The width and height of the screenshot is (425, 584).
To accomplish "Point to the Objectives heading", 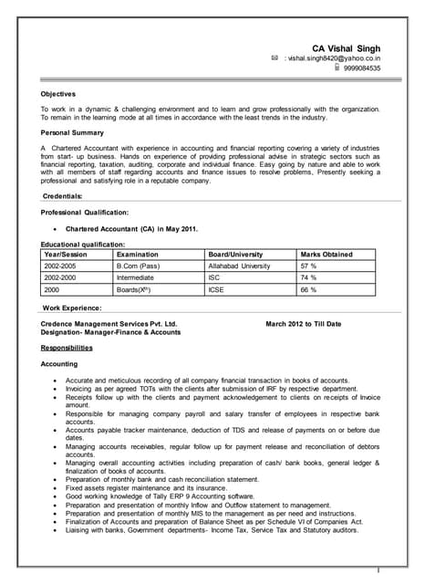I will (58, 93).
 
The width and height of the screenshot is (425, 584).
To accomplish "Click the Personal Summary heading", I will (72, 132).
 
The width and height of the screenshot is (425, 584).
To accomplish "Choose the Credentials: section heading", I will (63, 196).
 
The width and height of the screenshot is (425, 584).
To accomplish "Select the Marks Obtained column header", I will (327, 255).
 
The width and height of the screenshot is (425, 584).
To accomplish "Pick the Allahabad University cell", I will (240, 266).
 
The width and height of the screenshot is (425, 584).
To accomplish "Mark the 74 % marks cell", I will (308, 277).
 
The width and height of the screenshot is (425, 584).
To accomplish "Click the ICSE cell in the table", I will (217, 289).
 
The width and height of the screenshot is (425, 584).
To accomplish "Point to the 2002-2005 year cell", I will (60, 266).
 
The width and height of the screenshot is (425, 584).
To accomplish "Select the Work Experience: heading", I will (72, 308).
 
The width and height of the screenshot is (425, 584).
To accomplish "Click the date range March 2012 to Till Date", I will (304, 324).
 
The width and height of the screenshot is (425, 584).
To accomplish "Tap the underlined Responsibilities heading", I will (67, 348).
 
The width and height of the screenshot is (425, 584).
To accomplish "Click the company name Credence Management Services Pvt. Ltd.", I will (109, 324).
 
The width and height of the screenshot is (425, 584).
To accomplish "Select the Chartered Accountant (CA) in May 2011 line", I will (131, 228).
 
